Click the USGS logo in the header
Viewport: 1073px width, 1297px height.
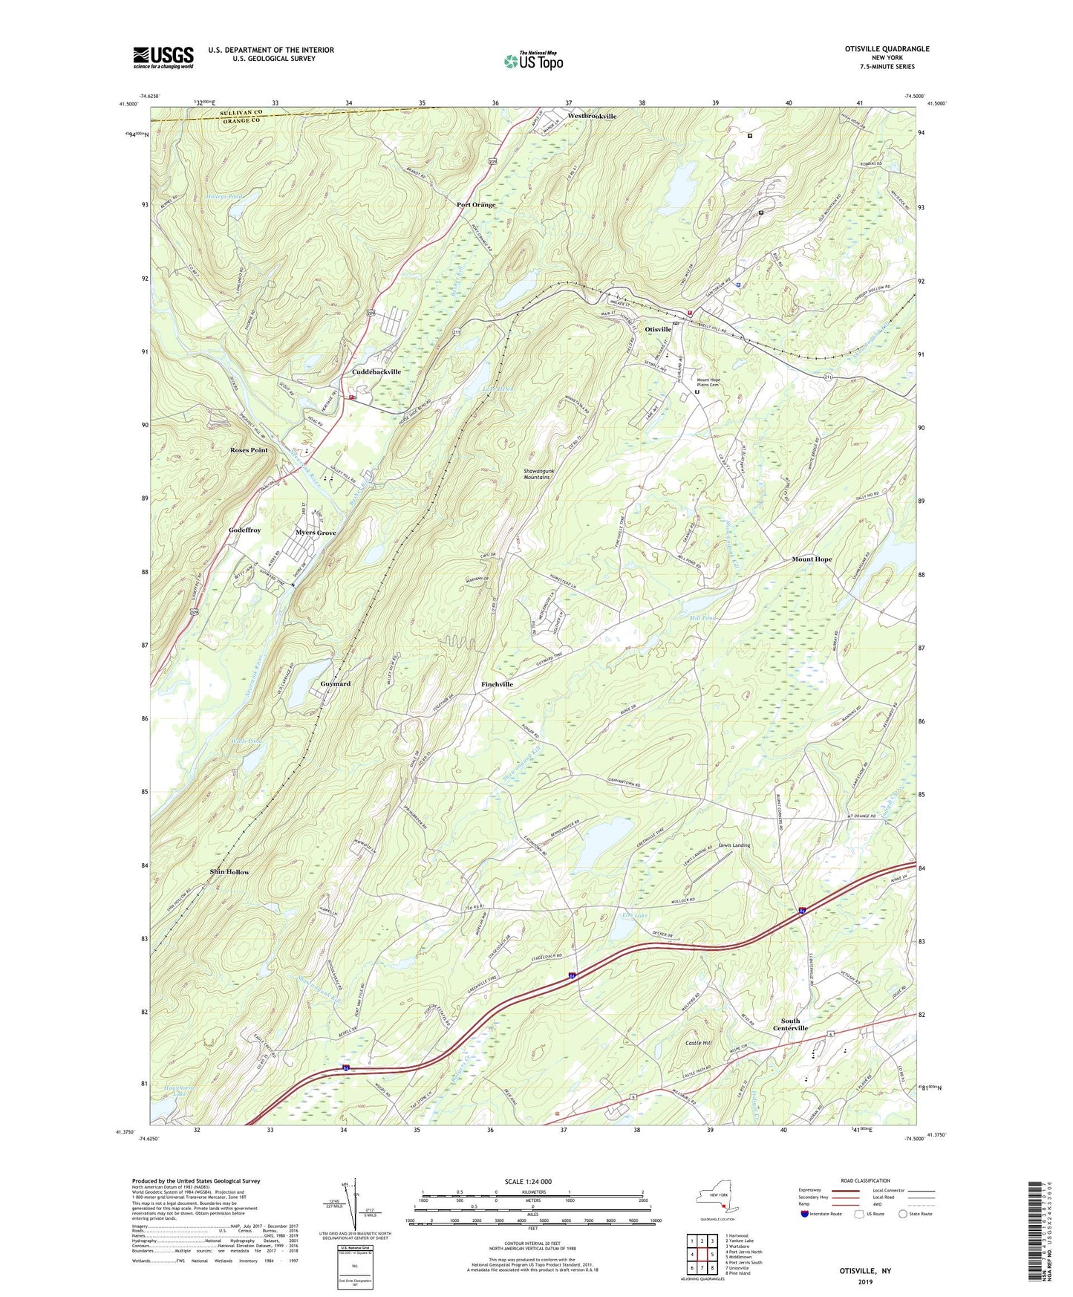click(x=163, y=56)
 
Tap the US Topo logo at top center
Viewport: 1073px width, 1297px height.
click(x=532, y=61)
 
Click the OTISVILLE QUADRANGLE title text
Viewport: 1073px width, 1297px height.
click(x=887, y=49)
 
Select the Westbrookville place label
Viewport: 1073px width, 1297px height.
click(x=592, y=117)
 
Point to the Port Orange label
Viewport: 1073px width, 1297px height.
click(x=476, y=205)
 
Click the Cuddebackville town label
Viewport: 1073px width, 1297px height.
click(x=376, y=372)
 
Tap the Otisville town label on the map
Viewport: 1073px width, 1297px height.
click(x=658, y=329)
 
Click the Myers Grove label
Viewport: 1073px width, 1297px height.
click(x=316, y=533)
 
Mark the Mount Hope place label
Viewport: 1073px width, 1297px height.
click(x=812, y=559)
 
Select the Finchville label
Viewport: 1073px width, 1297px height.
click(x=497, y=684)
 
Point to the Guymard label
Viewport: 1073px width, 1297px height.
click(x=335, y=683)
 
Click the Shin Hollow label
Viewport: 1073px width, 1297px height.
click(x=229, y=872)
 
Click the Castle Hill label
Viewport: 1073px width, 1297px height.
click(x=698, y=1044)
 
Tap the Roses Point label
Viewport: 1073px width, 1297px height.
click(x=249, y=450)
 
